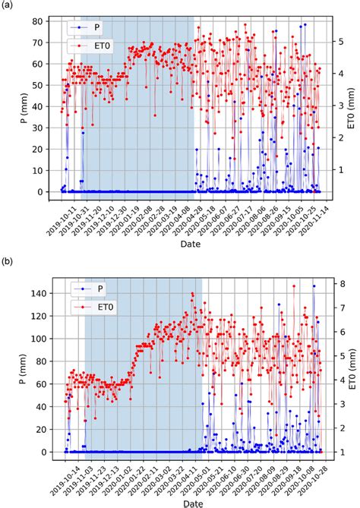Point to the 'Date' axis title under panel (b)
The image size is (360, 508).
[191, 503]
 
